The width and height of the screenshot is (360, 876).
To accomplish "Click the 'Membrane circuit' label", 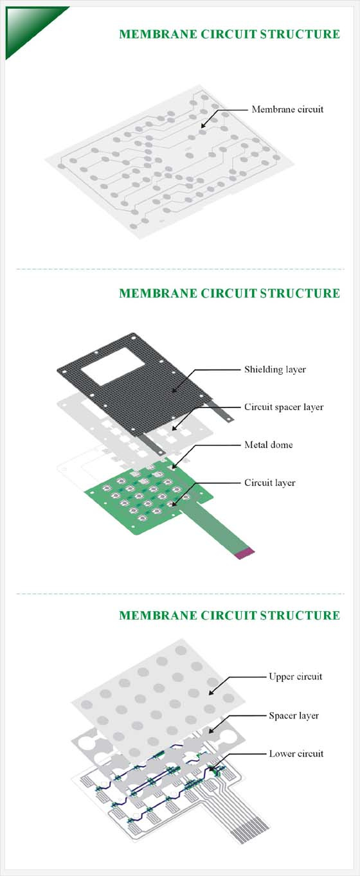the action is coord(287,109).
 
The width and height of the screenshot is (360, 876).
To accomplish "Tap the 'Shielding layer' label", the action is coord(275,369).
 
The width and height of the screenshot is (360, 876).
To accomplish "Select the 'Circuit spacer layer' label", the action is coord(284,407).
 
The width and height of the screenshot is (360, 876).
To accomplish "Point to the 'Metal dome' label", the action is coord(269,445).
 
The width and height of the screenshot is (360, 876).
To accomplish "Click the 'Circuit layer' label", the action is coord(269,483).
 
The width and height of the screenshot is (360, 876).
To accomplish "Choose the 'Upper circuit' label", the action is coord(296,676).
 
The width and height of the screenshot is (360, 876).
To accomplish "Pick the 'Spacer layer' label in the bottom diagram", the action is coord(294,715).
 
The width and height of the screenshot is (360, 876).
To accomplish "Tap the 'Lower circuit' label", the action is coord(296,753).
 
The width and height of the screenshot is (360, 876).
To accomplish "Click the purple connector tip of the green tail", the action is coord(244,553).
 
